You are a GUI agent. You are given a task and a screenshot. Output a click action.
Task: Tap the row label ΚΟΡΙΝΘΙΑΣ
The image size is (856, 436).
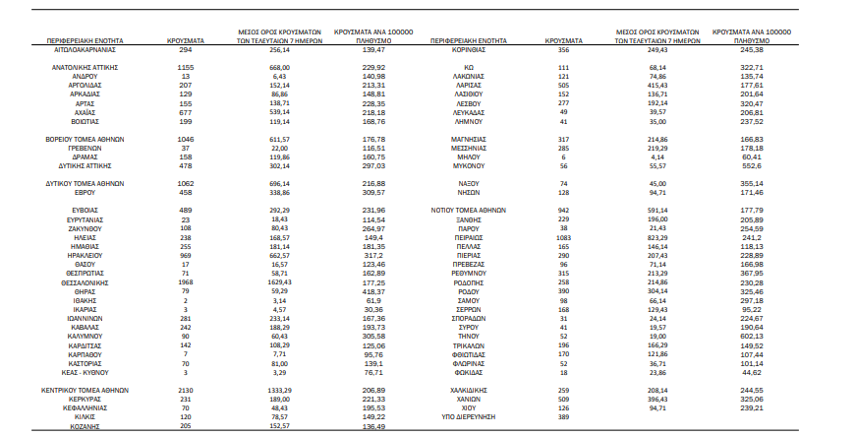pos(470,48)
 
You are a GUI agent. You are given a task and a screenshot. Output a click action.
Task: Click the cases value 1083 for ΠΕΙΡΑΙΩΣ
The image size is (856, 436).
pos(563,237)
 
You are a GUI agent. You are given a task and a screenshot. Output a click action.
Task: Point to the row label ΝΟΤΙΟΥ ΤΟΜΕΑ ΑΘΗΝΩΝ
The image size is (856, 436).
pos(470,210)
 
